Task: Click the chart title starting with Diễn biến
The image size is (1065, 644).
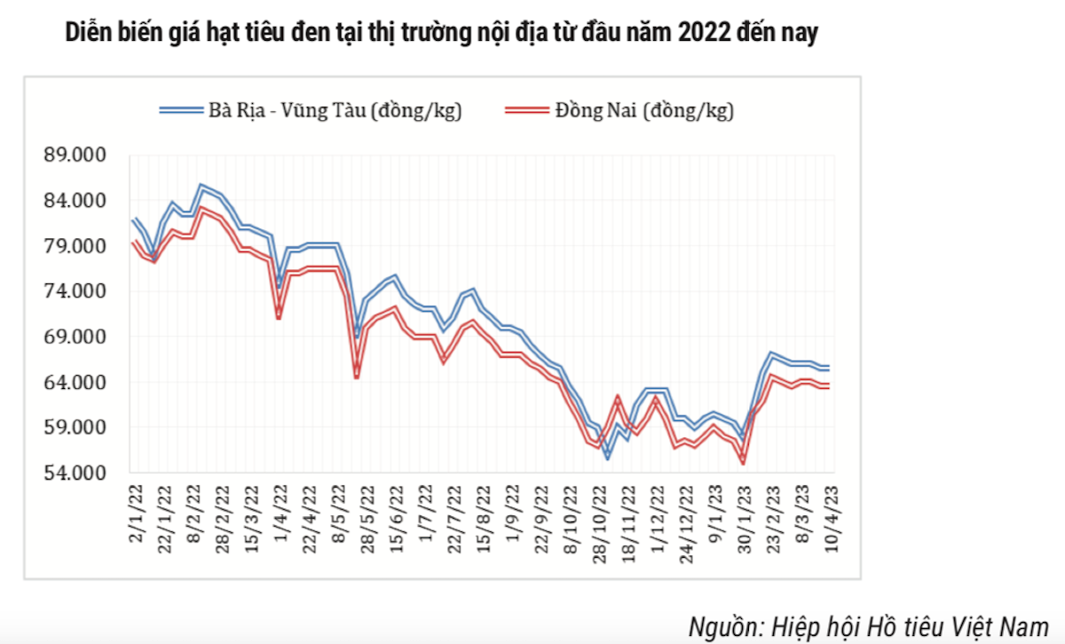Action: tap(441, 35)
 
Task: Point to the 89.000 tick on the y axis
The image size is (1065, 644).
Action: tap(75, 155)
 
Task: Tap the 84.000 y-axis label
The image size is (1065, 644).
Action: tap(75, 201)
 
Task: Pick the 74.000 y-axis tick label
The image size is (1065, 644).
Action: tap(75, 291)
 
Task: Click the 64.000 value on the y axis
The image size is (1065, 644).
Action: tap(75, 382)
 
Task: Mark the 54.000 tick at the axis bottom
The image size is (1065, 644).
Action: tap(75, 473)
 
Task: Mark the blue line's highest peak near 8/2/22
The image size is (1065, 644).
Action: tap(201, 187)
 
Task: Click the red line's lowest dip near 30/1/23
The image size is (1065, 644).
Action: tap(742, 461)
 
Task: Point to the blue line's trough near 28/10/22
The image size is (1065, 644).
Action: tap(608, 457)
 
